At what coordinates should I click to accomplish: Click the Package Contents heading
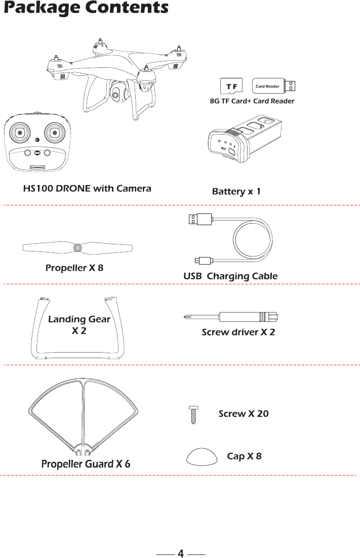(86, 9)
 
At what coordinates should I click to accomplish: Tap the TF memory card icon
(232, 86)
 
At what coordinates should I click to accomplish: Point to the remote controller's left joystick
(20, 133)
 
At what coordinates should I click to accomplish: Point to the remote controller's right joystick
(54, 133)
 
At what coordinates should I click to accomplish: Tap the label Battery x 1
(236, 192)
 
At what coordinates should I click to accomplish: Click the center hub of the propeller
(78, 248)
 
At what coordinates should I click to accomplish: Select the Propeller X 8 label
(74, 268)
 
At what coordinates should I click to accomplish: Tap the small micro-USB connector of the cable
(204, 261)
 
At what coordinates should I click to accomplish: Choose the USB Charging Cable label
(230, 276)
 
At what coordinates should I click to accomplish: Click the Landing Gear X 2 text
(78, 325)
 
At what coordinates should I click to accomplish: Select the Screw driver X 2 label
(238, 332)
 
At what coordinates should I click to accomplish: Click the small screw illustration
(193, 415)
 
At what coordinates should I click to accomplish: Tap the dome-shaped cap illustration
(203, 456)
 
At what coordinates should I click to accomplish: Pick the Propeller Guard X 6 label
(85, 464)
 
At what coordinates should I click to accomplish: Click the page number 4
(180, 553)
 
